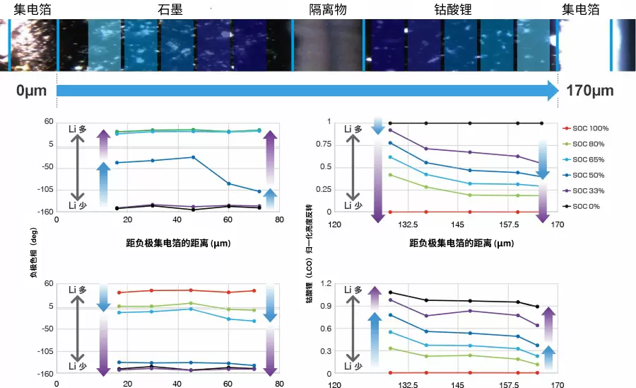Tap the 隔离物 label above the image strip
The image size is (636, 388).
(328, 10)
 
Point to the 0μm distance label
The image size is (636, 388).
(30, 91)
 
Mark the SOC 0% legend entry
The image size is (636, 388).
(586, 206)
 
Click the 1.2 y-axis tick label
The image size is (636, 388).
(325, 283)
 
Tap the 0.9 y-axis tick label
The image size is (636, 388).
(325, 306)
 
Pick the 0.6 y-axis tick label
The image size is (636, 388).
(325, 329)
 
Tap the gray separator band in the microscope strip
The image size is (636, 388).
(327, 45)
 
